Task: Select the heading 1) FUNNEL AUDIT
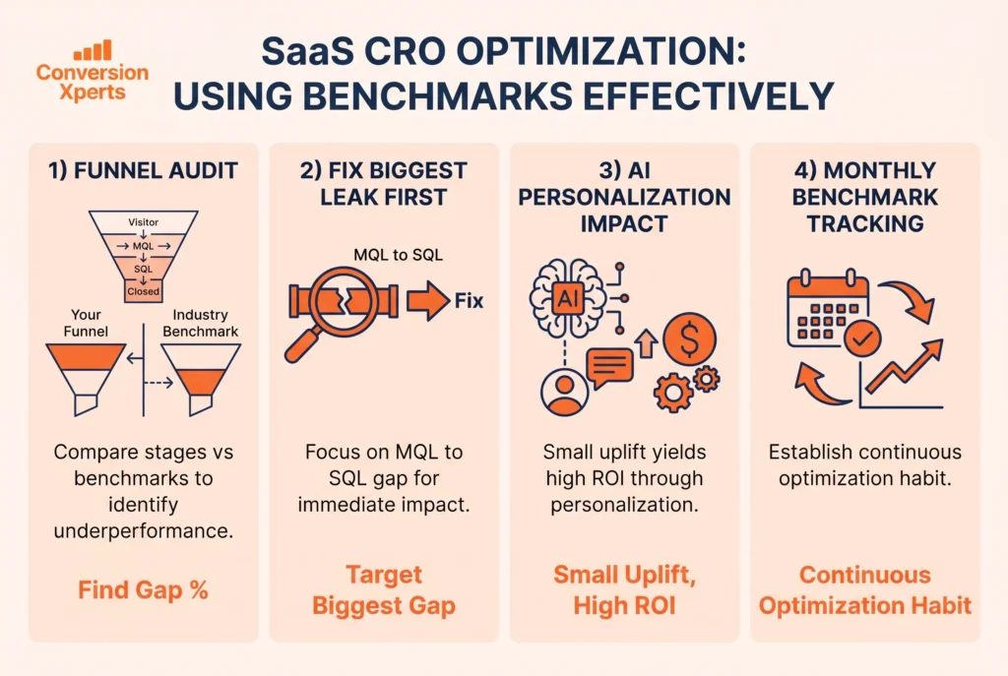143,170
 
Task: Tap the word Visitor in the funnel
143,222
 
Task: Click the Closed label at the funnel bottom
143,291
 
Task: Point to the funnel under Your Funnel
87,375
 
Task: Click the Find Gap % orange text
143,590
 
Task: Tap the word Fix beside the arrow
469,301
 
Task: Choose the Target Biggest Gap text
384,590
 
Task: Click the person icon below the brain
565,393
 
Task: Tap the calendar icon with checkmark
829,313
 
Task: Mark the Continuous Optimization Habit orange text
865,590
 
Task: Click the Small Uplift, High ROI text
624,590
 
